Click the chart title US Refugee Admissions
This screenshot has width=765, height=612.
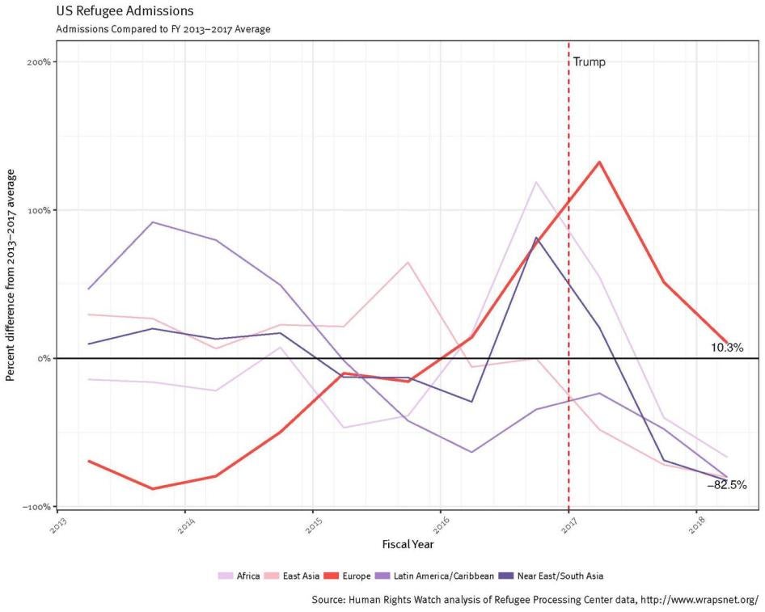coord(125,12)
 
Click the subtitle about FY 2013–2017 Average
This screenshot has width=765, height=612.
coord(163,29)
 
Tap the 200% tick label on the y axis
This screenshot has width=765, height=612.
coord(40,62)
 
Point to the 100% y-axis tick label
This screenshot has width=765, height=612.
coord(40,210)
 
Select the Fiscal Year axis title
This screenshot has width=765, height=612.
coord(408,544)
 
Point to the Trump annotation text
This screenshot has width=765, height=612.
coord(589,62)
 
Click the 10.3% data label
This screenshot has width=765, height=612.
coord(727,348)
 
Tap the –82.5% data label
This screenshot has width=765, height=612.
coord(726,486)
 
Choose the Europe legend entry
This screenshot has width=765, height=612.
coord(350,576)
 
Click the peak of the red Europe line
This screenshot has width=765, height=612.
coord(599,162)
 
